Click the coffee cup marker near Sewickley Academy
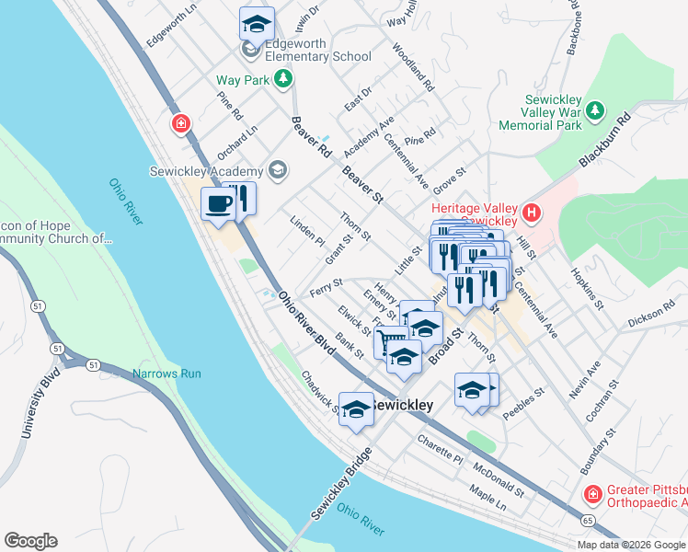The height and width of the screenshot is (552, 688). (x=218, y=203)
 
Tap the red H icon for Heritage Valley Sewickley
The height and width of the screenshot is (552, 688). (x=531, y=214)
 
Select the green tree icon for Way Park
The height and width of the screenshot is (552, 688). (x=284, y=80)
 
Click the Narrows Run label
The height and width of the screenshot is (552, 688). (x=166, y=374)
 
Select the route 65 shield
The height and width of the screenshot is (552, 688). (x=586, y=520)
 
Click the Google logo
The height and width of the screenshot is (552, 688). (x=30, y=541)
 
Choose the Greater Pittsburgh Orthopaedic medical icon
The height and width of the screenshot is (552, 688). (x=593, y=495)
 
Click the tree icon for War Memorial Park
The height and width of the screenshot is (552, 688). (x=595, y=111)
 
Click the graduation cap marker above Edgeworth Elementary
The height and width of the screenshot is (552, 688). (x=257, y=22)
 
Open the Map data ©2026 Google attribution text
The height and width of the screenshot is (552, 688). (x=631, y=545)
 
